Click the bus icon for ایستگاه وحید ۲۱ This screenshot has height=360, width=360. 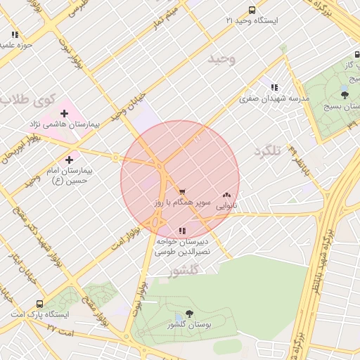252,10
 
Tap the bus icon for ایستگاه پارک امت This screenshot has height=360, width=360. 39,304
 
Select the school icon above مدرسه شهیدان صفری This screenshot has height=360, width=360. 274,88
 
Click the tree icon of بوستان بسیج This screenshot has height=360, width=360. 345,94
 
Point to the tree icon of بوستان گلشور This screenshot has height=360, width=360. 189,314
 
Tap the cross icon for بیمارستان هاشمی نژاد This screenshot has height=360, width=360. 64,112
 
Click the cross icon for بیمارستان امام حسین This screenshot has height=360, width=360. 69,160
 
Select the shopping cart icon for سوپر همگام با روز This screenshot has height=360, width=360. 182,192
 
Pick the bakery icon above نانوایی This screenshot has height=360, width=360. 226,195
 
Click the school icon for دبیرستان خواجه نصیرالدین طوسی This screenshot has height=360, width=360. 182,230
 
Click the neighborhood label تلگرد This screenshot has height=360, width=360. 267,151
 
